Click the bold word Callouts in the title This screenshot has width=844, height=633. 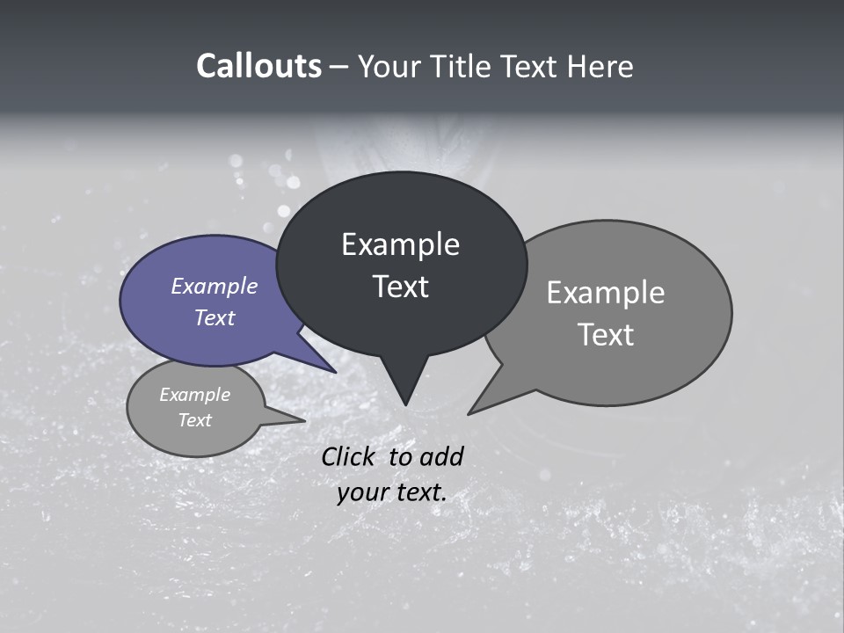pyautogui.click(x=258, y=66)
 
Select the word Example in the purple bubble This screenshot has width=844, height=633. pyautogui.click(x=215, y=286)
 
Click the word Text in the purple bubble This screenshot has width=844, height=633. pyautogui.click(x=215, y=317)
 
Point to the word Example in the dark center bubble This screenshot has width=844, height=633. pyautogui.click(x=400, y=244)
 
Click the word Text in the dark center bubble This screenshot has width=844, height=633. pyautogui.click(x=400, y=287)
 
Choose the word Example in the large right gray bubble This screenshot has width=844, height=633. pyautogui.click(x=606, y=293)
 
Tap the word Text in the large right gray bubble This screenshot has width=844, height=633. pyautogui.click(x=606, y=335)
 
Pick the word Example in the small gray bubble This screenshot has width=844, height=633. pyautogui.click(x=195, y=395)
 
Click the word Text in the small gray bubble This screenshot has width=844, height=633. pyautogui.click(x=195, y=420)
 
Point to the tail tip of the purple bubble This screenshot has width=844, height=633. pyautogui.click(x=334, y=371)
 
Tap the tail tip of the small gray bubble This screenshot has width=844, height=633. pyautogui.click(x=304, y=420)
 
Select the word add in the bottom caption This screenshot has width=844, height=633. pyautogui.click(x=442, y=456)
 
